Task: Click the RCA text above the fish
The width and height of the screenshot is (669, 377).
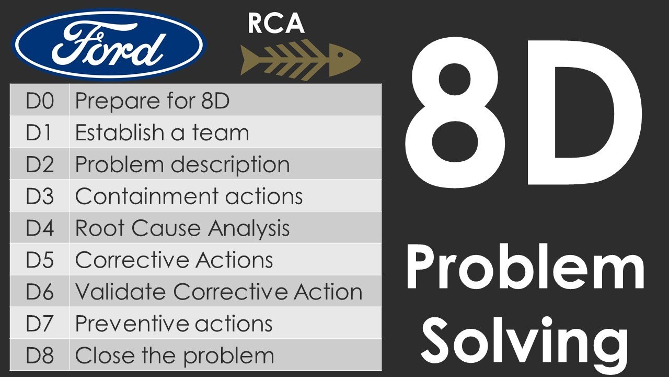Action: point(276,24)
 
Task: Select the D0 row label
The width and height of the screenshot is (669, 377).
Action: point(40,101)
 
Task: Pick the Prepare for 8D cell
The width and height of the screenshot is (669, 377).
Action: point(152,101)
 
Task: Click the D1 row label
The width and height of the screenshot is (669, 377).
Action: point(40,132)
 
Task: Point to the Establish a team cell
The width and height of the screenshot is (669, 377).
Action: point(162,132)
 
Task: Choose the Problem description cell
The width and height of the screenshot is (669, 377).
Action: point(182,164)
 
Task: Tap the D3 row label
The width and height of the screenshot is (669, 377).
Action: point(40,196)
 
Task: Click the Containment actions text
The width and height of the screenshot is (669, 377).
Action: point(189,196)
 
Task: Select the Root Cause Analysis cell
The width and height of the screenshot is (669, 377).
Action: point(182,228)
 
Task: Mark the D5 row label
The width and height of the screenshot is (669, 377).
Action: point(40,260)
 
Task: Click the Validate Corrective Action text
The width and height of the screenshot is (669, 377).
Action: point(218,292)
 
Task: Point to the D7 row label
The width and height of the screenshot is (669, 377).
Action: point(40,324)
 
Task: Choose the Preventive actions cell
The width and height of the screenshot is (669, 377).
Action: point(174,324)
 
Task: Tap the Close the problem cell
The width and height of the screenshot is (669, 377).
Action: point(174,356)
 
